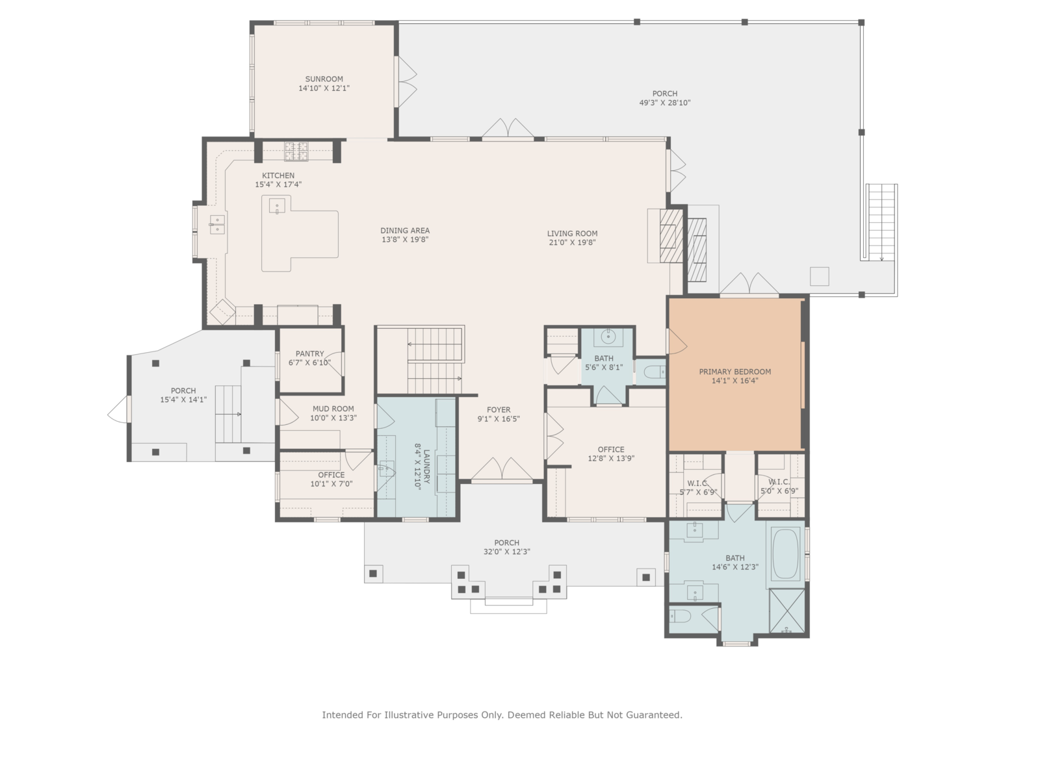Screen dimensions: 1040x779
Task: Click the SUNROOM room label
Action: pyautogui.click(x=324, y=79)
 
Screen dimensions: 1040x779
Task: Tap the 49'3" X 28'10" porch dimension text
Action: pyautogui.click(x=665, y=103)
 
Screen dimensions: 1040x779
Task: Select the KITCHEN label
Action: pyautogui.click(x=278, y=175)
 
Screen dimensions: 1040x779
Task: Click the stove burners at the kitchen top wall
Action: pyautogui.click(x=296, y=151)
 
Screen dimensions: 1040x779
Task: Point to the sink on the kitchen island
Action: pyautogui.click(x=277, y=206)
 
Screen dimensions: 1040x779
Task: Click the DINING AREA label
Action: pyautogui.click(x=405, y=231)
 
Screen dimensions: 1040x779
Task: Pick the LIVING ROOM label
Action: pyautogui.click(x=573, y=233)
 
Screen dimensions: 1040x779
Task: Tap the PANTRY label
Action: pyautogui.click(x=310, y=353)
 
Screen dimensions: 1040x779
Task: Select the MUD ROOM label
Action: pyautogui.click(x=333, y=409)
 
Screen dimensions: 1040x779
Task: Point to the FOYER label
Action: pyautogui.click(x=499, y=409)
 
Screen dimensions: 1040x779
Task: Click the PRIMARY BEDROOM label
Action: pyautogui.click(x=735, y=372)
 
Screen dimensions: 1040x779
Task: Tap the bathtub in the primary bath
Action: pyautogui.click(x=785, y=554)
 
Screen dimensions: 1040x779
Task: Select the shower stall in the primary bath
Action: pyautogui.click(x=787, y=611)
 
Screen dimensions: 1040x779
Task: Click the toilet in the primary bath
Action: pyautogui.click(x=679, y=617)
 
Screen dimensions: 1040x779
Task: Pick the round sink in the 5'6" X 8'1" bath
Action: pyautogui.click(x=608, y=337)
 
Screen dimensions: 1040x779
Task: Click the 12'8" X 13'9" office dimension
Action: pyautogui.click(x=611, y=459)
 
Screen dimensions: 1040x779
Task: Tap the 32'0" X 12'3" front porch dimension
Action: pyautogui.click(x=506, y=552)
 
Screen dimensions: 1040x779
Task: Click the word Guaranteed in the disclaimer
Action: pyautogui.click(x=655, y=715)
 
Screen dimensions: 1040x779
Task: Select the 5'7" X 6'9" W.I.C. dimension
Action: pyautogui.click(x=698, y=492)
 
